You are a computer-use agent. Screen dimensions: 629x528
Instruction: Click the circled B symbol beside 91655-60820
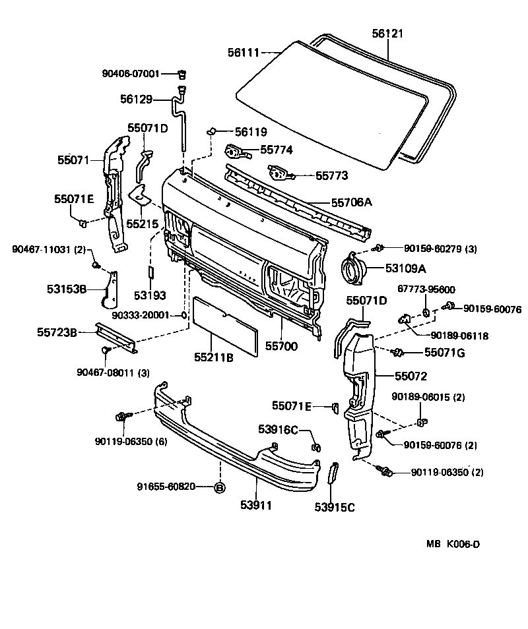(x=220, y=487)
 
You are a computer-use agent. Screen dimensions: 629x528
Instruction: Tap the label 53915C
(x=335, y=507)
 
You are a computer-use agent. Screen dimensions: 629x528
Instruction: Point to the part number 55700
(x=282, y=345)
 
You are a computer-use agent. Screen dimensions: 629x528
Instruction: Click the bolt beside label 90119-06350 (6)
(x=121, y=417)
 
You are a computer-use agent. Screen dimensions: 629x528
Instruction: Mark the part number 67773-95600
(x=426, y=289)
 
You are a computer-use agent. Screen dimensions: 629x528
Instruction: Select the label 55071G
(x=444, y=353)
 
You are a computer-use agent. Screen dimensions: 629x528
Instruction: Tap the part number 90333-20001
(x=141, y=315)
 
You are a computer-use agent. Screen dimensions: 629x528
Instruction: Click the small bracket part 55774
(x=238, y=153)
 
